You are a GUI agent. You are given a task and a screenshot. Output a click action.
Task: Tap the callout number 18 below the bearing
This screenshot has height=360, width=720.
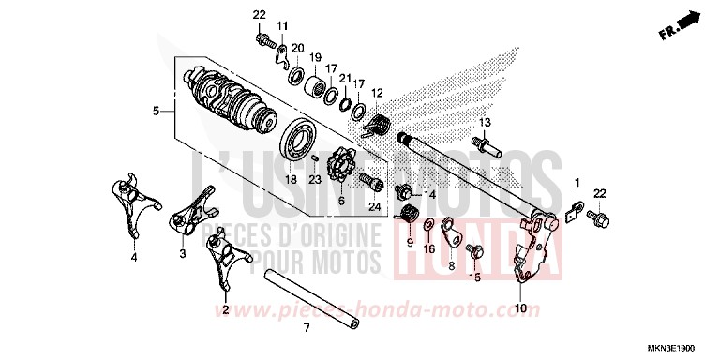coord(291,179)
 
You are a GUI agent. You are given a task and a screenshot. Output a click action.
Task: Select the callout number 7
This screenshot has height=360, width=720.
coord(305,327)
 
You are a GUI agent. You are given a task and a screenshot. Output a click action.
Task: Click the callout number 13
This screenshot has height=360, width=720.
coord(486,123)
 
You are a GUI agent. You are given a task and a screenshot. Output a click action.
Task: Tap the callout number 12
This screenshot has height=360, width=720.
coord(378,92)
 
